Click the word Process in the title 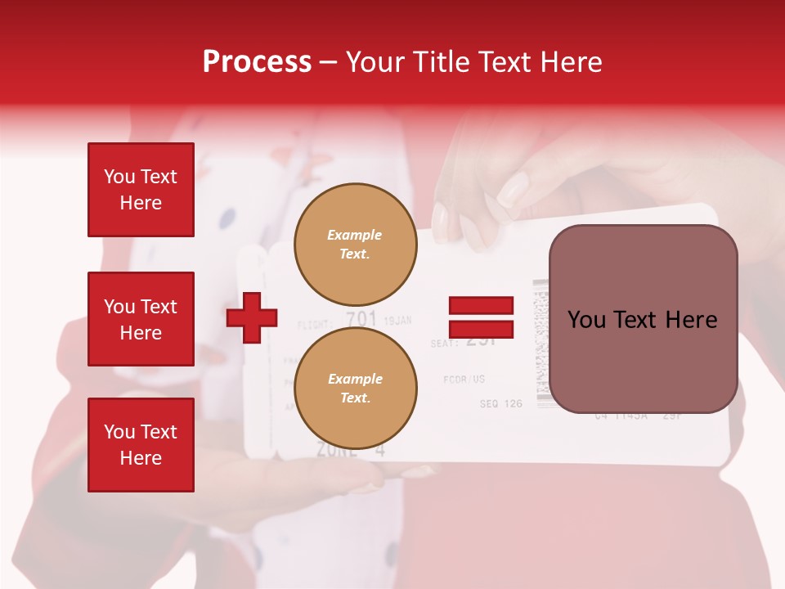point(257,62)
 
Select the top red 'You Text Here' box point(141,190)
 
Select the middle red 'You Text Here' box point(141,319)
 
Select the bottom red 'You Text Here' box point(141,445)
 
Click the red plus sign point(252,317)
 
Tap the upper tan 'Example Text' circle point(355,244)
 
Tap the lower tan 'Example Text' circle point(355,388)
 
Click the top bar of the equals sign point(482,306)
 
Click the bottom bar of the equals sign point(482,330)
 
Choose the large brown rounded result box point(643,318)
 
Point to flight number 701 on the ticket point(361,319)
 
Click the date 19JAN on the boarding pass point(397,321)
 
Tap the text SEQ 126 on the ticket point(500,403)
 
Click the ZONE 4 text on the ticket point(350,449)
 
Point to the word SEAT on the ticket point(445,344)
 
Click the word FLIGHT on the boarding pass point(316,324)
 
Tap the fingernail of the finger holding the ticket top point(514,190)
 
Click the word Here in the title point(572,62)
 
